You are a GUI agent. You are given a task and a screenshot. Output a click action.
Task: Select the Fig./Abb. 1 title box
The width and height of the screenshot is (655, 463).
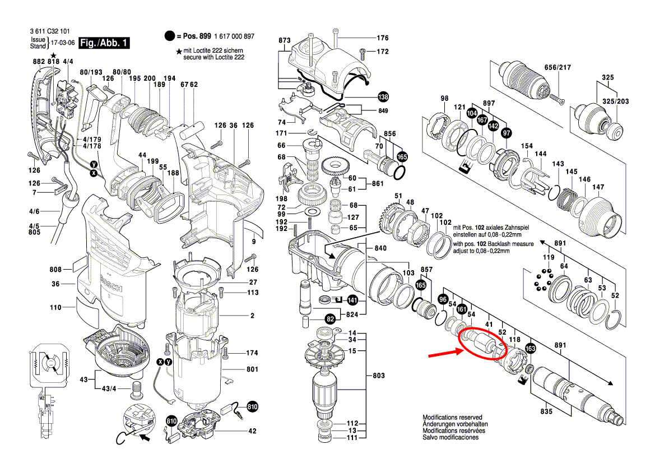[104, 43]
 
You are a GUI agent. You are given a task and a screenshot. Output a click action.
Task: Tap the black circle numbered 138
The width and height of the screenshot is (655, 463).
[383, 96]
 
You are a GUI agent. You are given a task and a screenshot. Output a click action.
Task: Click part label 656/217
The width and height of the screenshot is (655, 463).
[558, 67]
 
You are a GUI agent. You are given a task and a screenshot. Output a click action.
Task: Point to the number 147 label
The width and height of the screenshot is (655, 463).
[598, 187]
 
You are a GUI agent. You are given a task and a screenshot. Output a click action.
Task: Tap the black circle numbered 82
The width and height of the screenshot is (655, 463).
[330, 319]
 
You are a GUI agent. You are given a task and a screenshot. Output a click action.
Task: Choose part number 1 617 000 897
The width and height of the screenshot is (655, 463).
[234, 36]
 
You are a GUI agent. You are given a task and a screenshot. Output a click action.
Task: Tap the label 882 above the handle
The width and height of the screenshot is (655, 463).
[39, 61]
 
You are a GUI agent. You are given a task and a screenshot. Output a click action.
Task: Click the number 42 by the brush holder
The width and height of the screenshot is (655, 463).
[252, 431]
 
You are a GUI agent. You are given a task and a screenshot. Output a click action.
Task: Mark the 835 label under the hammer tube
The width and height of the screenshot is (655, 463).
[546, 411]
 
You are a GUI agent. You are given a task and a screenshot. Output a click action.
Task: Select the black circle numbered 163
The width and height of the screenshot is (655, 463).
[531, 349]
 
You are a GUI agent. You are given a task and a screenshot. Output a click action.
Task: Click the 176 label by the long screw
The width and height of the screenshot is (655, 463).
[382, 38]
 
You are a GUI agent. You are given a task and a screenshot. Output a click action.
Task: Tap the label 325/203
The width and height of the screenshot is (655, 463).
[615, 101]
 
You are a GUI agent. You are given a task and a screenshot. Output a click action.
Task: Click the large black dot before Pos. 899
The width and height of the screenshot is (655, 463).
[170, 36]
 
